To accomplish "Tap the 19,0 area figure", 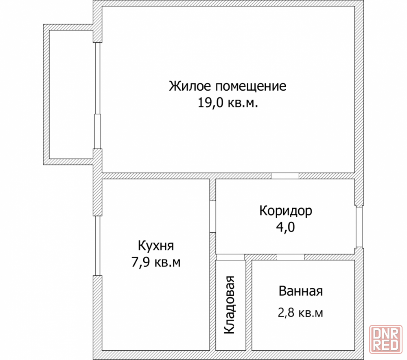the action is pos(210,103).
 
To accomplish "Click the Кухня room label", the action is pos(156,246).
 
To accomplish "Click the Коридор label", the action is pos(286,211).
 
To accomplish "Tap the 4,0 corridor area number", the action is pos(286,227).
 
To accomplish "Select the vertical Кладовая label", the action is pos(230,305).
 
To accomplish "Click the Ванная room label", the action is pos(301,291).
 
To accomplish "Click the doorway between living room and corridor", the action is pos(285,176).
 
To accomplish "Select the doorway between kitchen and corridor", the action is pos(212,216).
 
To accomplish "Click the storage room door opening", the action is pos(230,257).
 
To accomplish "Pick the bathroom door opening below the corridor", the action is pos(291,257).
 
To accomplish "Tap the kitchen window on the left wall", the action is pos(98,246).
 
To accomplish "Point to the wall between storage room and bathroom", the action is pos(249,305).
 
